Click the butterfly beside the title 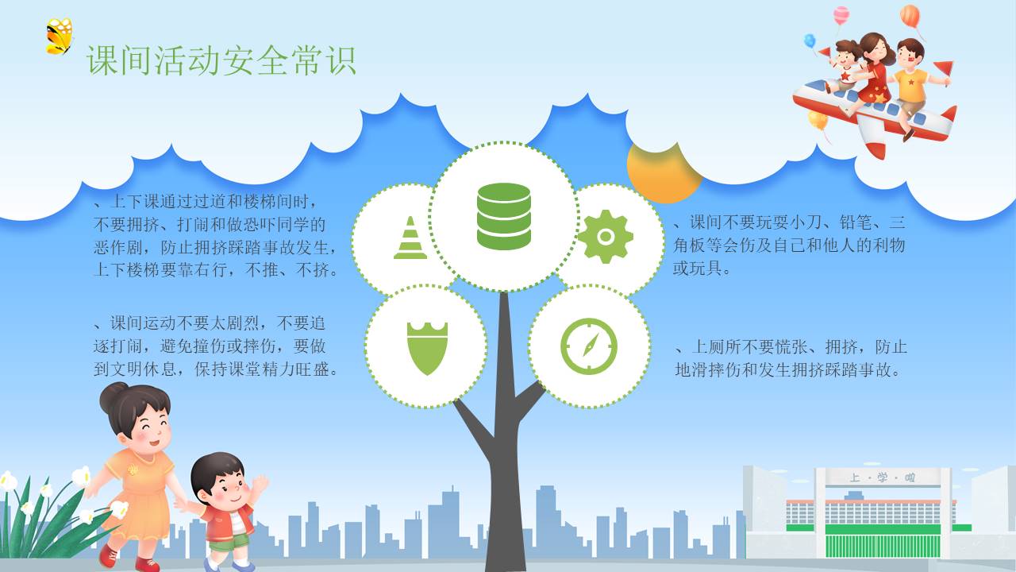point(60,37)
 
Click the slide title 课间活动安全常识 point(221,60)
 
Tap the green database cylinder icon point(503,216)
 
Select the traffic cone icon point(410,238)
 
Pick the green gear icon point(606,237)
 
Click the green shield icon point(427,348)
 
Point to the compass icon point(589,346)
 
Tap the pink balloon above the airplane point(841,16)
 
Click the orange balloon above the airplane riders point(910,17)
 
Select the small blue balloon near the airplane point(810,41)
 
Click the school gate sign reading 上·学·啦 point(882,477)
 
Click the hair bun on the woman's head point(114,396)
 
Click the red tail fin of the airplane point(949,114)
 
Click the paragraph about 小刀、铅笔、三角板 point(789,245)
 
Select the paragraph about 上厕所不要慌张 point(791,358)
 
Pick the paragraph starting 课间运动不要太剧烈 point(216,346)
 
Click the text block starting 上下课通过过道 point(216,236)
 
